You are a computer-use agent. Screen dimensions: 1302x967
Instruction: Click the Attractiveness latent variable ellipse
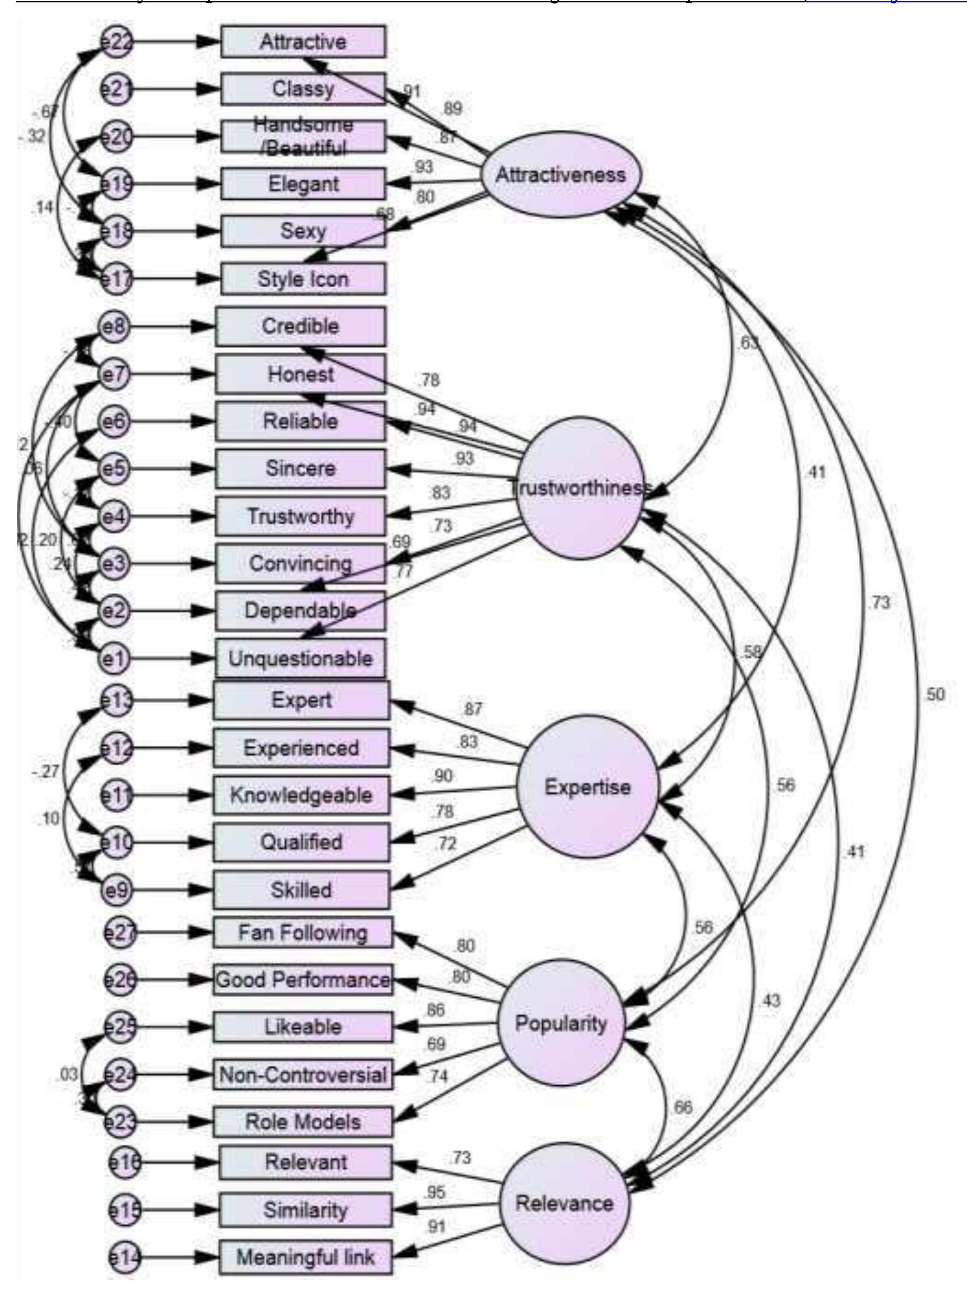(561, 174)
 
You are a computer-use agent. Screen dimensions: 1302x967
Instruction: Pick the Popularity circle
(561, 1022)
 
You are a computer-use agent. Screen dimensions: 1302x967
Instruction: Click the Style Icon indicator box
(303, 279)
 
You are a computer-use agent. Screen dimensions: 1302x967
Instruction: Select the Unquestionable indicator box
(300, 658)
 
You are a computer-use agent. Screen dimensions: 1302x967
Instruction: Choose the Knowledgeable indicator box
(301, 795)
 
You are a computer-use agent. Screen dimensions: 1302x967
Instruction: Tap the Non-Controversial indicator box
(303, 1074)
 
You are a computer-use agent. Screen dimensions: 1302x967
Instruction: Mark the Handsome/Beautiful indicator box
(303, 136)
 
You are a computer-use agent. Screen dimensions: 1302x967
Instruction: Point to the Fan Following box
(303, 932)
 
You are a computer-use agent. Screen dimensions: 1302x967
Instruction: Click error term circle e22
(117, 42)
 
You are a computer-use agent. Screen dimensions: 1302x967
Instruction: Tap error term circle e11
(117, 795)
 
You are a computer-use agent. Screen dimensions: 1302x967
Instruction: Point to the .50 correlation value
(934, 694)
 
